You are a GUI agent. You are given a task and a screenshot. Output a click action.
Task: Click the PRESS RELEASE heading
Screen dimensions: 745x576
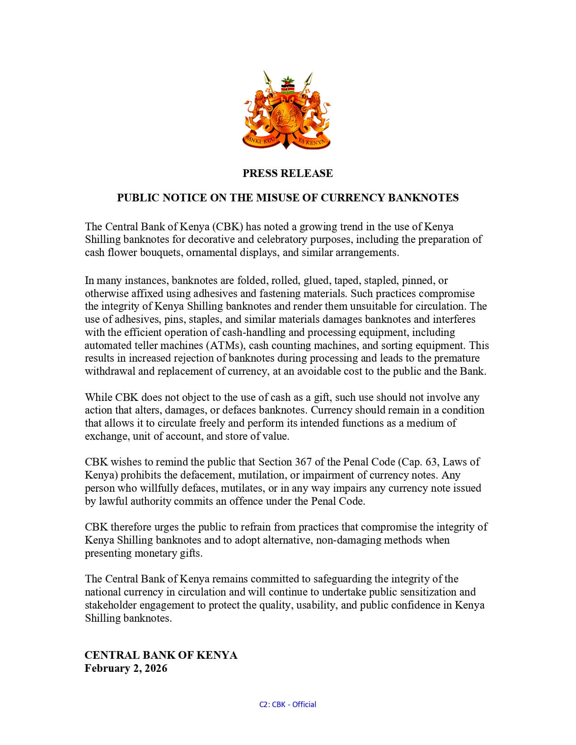point(287,173)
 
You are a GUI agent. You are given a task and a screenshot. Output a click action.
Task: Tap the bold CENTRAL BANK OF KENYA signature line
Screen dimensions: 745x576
point(161,655)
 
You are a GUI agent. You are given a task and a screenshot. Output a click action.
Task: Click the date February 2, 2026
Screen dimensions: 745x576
point(126,668)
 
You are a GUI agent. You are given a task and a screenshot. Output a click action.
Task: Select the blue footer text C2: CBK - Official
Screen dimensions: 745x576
point(287,704)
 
